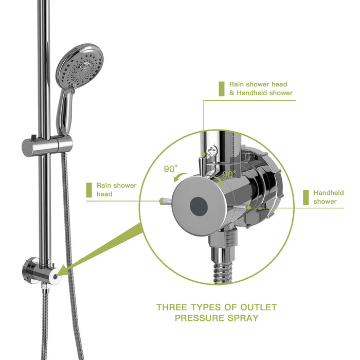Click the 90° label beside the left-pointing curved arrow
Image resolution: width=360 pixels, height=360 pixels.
[171, 169]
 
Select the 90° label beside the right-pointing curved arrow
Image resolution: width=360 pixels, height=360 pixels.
[228, 175]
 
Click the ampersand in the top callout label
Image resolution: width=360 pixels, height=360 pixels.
[232, 93]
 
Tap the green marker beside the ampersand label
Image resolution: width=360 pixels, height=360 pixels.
[221, 88]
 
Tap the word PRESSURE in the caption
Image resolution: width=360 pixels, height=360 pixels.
[197, 318]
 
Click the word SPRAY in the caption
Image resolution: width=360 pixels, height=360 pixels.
[242, 318]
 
